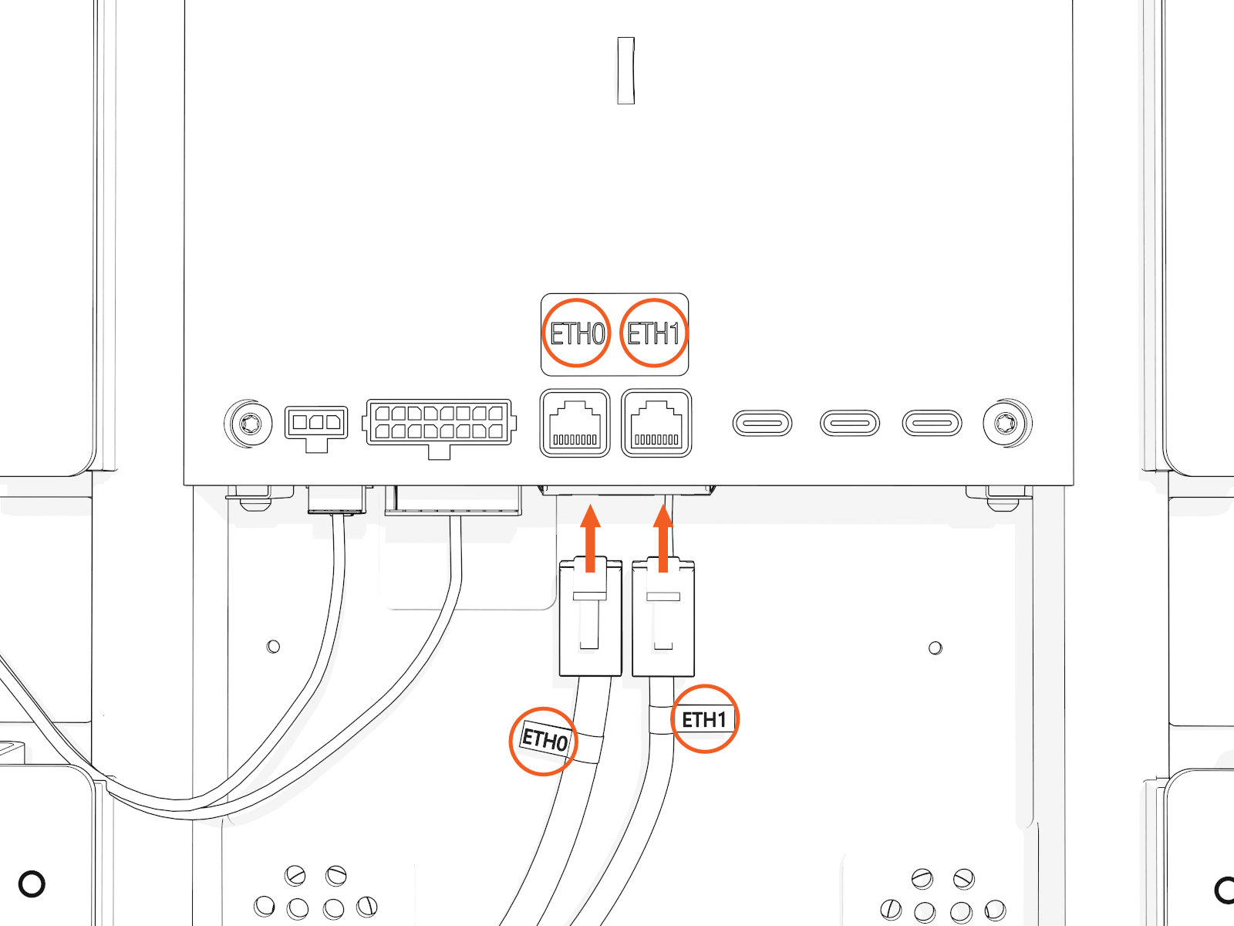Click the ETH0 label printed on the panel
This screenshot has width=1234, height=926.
click(577, 333)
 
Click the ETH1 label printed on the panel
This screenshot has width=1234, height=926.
click(653, 333)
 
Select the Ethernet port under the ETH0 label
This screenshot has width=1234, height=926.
click(575, 423)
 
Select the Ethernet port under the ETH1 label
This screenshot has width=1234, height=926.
click(656, 423)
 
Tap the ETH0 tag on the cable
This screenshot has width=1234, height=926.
click(545, 740)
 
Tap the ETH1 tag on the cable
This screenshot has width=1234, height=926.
click(704, 719)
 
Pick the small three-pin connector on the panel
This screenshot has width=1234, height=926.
click(316, 424)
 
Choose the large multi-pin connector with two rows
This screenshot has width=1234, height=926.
click(438, 423)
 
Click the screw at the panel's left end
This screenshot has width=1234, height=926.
click(248, 423)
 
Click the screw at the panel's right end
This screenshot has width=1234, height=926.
click(1007, 423)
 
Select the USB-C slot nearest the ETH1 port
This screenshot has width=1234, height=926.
click(762, 423)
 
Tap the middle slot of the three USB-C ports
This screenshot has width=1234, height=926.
click(849, 423)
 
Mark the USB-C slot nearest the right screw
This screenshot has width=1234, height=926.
click(932, 423)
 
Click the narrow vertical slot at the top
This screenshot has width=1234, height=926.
click(626, 70)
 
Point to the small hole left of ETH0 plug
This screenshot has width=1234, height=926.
click(273, 646)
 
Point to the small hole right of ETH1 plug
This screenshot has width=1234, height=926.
click(936, 647)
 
